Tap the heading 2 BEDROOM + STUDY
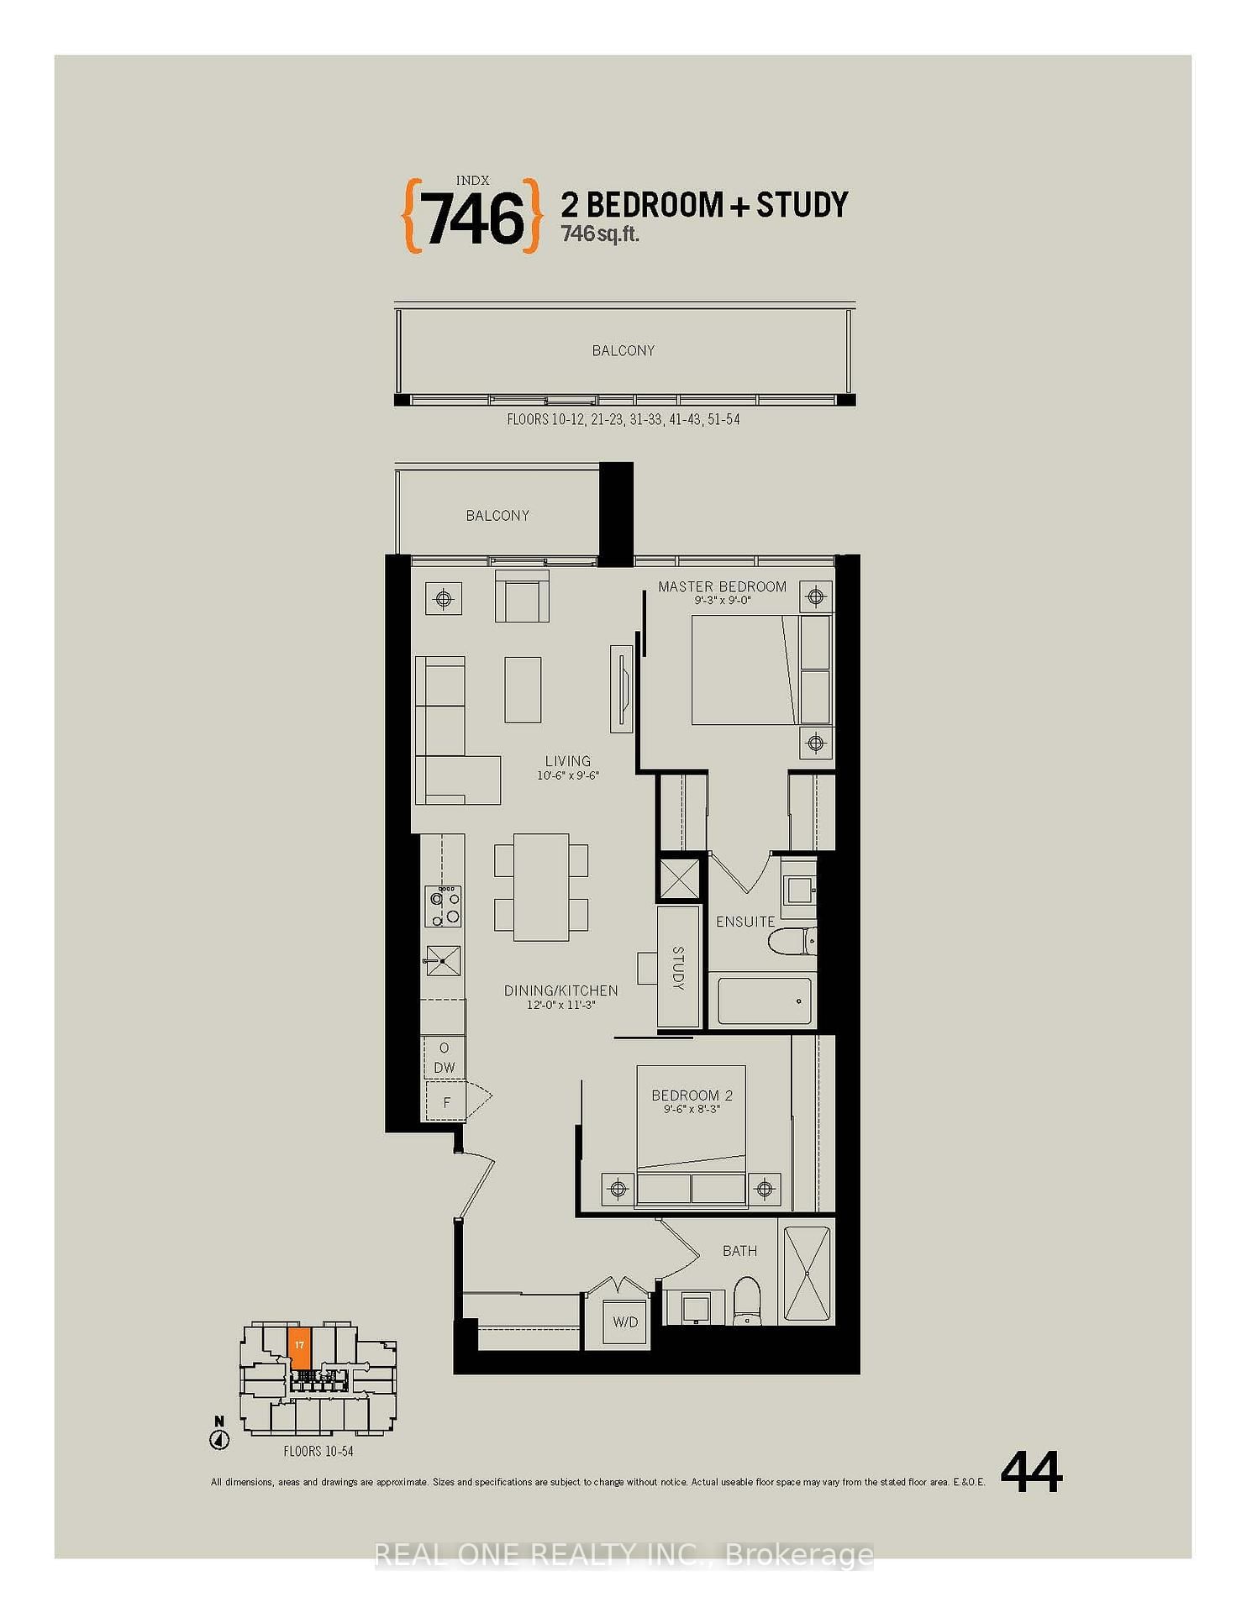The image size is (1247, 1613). pyautogui.click(x=704, y=205)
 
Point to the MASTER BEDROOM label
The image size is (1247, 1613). pyautogui.click(x=722, y=586)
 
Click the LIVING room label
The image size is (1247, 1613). pyautogui.click(x=567, y=761)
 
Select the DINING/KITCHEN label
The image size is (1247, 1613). pyautogui.click(x=560, y=990)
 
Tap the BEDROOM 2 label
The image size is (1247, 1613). pyautogui.click(x=692, y=1095)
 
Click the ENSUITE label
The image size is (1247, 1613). pyautogui.click(x=745, y=922)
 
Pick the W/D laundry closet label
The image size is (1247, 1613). pyautogui.click(x=625, y=1321)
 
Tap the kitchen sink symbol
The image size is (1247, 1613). pyautogui.click(x=443, y=959)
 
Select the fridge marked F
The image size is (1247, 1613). pyautogui.click(x=446, y=1102)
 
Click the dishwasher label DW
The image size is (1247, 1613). pyautogui.click(x=445, y=1068)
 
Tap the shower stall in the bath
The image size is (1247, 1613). pyautogui.click(x=807, y=1274)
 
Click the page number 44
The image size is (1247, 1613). pyautogui.click(x=1031, y=1473)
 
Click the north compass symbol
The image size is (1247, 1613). pyautogui.click(x=219, y=1438)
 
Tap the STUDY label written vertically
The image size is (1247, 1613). pyautogui.click(x=678, y=967)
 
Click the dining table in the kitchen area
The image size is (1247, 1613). pyautogui.click(x=540, y=886)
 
